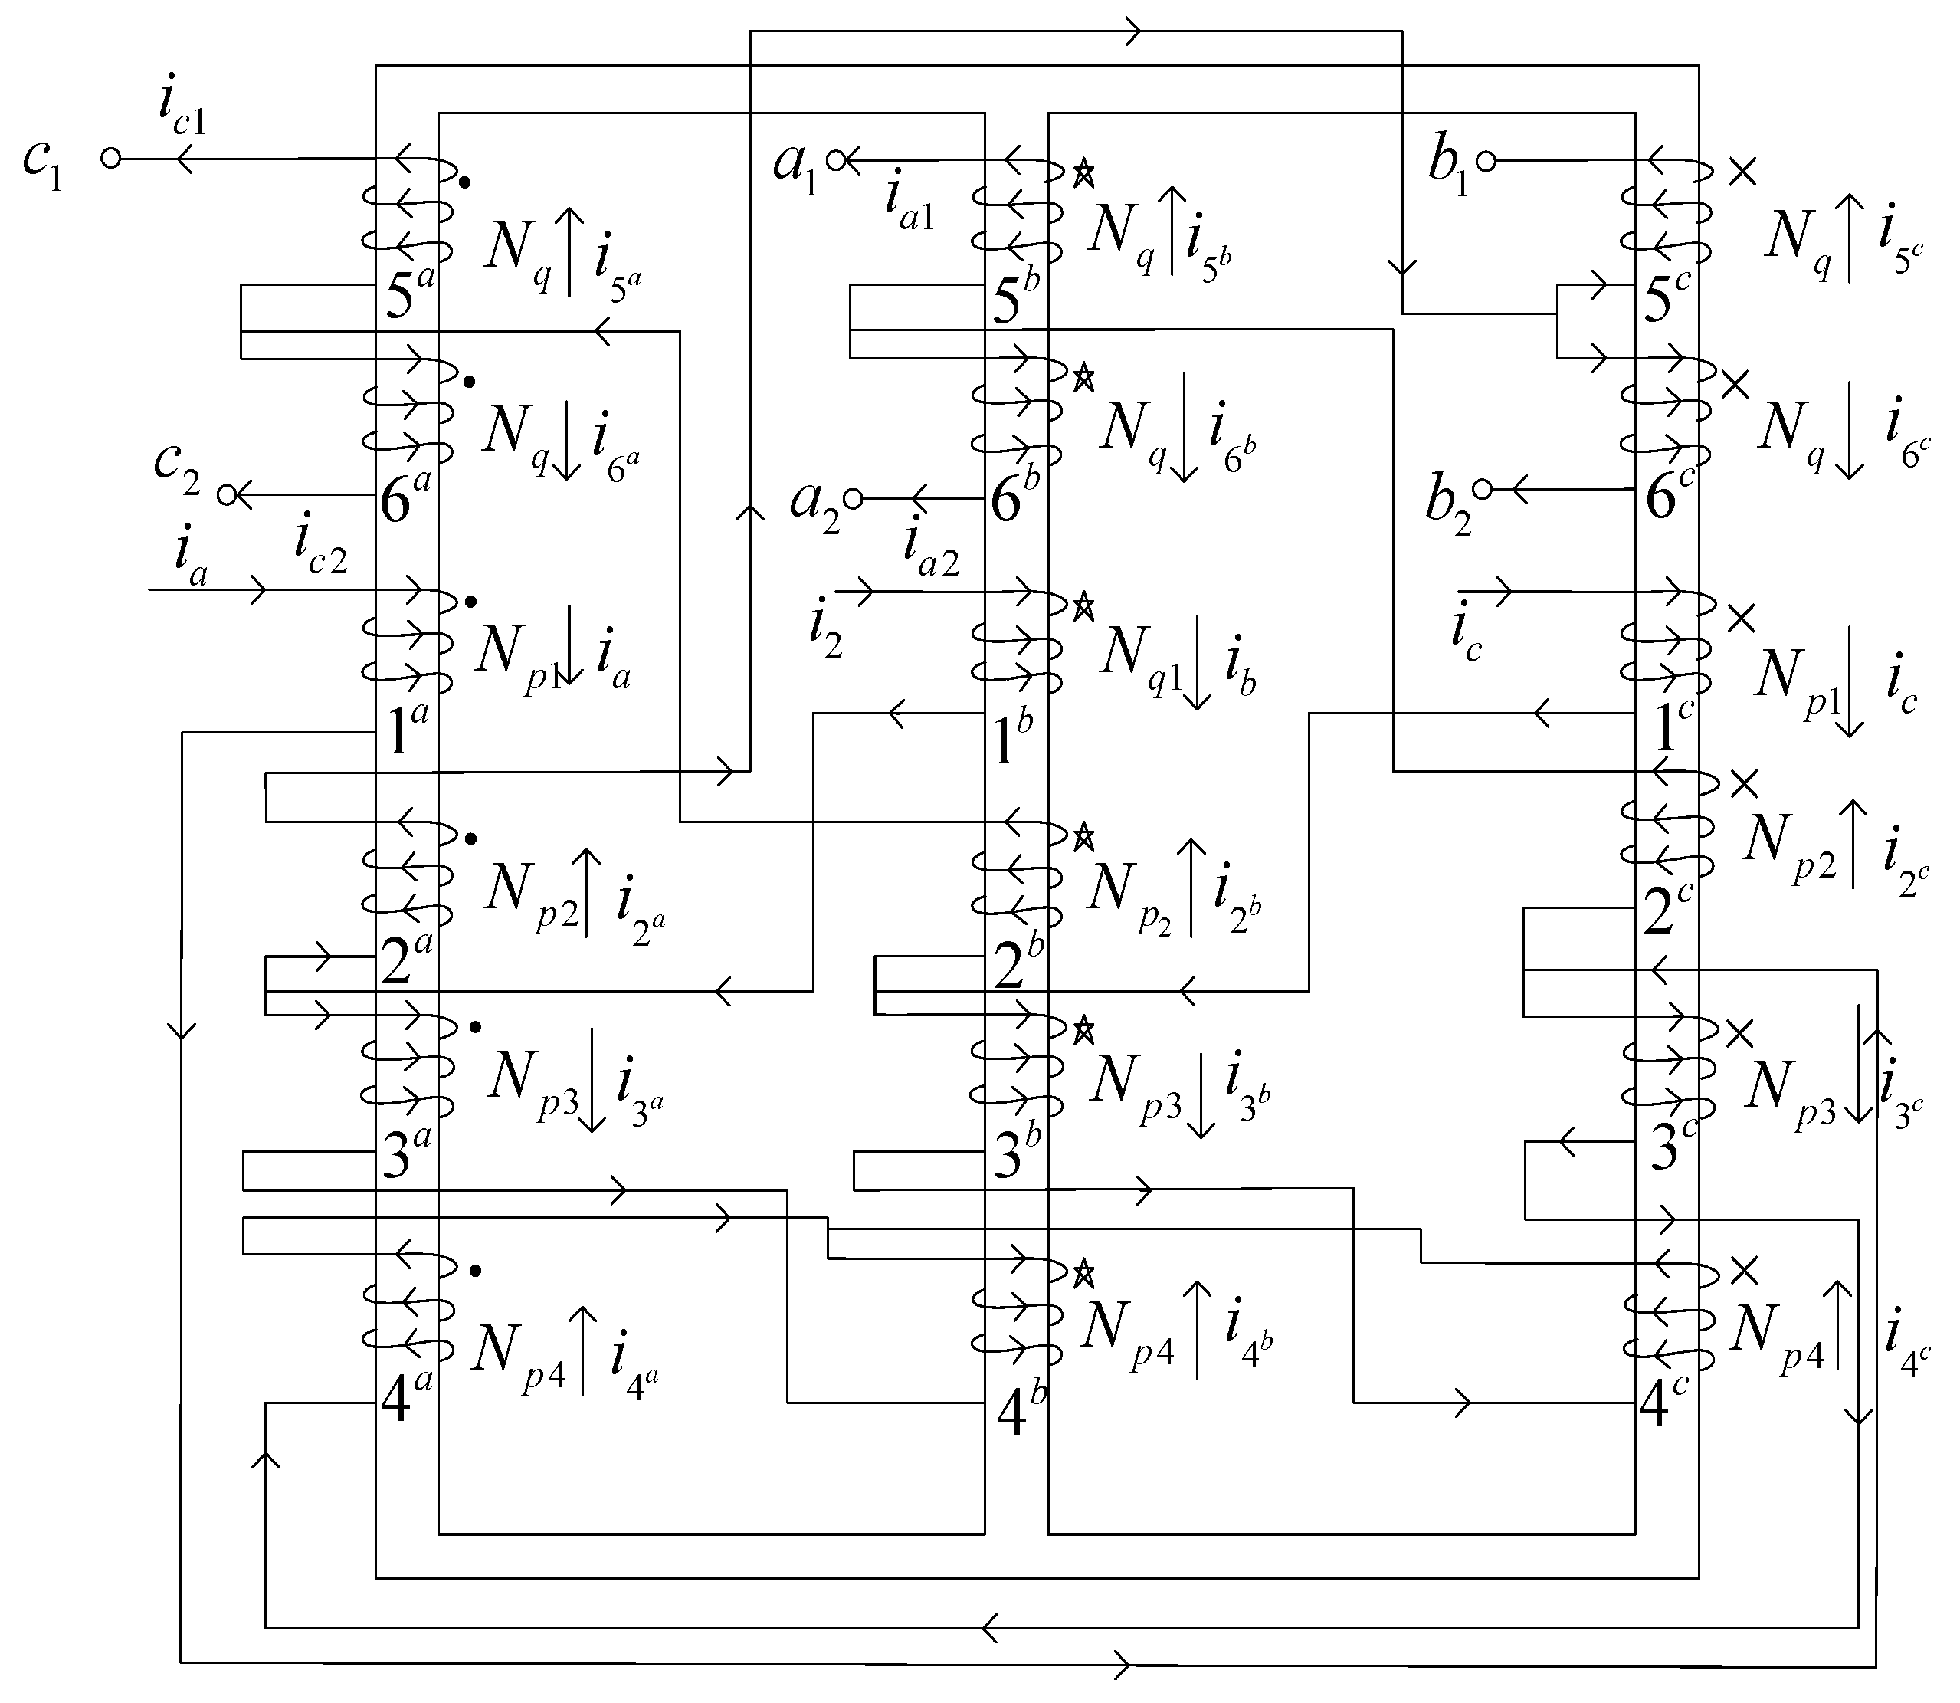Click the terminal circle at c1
pyautogui.click(x=111, y=159)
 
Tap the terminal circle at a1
pyautogui.click(x=836, y=161)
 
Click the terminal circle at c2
pyautogui.click(x=226, y=494)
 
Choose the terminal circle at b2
pyautogui.click(x=1484, y=490)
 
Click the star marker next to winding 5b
pyautogui.click(x=1083, y=174)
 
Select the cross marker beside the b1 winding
pyautogui.click(x=1742, y=171)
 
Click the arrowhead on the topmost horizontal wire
pyautogui.click(x=1132, y=31)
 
